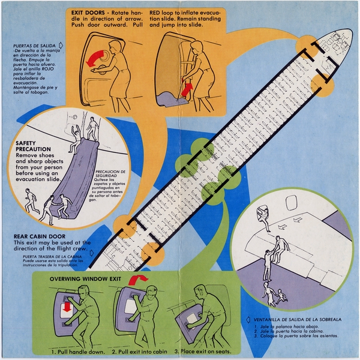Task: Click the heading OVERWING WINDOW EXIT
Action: click(84, 279)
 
